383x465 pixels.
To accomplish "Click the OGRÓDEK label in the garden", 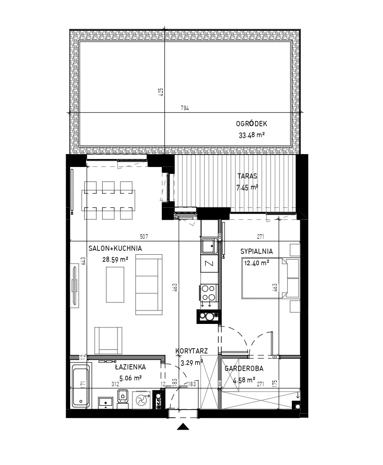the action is pyautogui.click(x=252, y=124).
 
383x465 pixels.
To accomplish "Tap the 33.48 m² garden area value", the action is pyautogui.click(x=252, y=135).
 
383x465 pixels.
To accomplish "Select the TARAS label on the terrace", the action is pyautogui.click(x=247, y=176).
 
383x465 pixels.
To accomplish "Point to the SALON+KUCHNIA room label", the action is pyautogui.click(x=115, y=249).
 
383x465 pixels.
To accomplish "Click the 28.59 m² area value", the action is pyautogui.click(x=115, y=260).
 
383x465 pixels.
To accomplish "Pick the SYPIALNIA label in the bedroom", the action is pyautogui.click(x=256, y=252).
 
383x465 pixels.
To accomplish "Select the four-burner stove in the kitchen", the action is pyautogui.click(x=209, y=293).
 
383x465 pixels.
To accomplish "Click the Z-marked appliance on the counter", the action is pyautogui.click(x=210, y=263).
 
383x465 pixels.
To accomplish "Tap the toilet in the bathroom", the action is pyautogui.click(x=123, y=397).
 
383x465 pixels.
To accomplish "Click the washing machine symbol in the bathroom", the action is pyautogui.click(x=141, y=400).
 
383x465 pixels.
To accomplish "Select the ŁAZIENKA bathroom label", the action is pyautogui.click(x=130, y=367).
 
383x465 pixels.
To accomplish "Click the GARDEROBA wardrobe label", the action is pyautogui.click(x=244, y=369).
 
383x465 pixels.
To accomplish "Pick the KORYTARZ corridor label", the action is pyautogui.click(x=191, y=351).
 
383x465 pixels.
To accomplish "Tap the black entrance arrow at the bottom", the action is pyautogui.click(x=183, y=427).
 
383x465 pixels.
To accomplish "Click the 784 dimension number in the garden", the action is pyautogui.click(x=185, y=108).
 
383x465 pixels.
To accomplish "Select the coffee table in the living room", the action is pyautogui.click(x=115, y=285).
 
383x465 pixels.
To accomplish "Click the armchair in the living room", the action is pyautogui.click(x=108, y=340).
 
